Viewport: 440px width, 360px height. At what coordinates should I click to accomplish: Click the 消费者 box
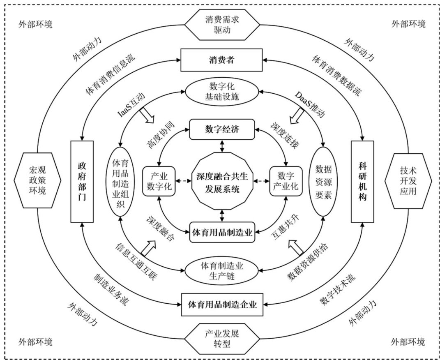[x=222, y=60]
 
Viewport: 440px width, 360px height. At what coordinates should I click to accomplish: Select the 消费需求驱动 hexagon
[x=222, y=25]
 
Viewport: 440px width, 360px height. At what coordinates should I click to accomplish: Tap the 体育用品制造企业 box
[x=222, y=305]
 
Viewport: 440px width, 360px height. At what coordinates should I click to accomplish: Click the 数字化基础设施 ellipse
[x=222, y=93]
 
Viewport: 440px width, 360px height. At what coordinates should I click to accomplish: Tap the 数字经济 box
[x=222, y=129]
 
